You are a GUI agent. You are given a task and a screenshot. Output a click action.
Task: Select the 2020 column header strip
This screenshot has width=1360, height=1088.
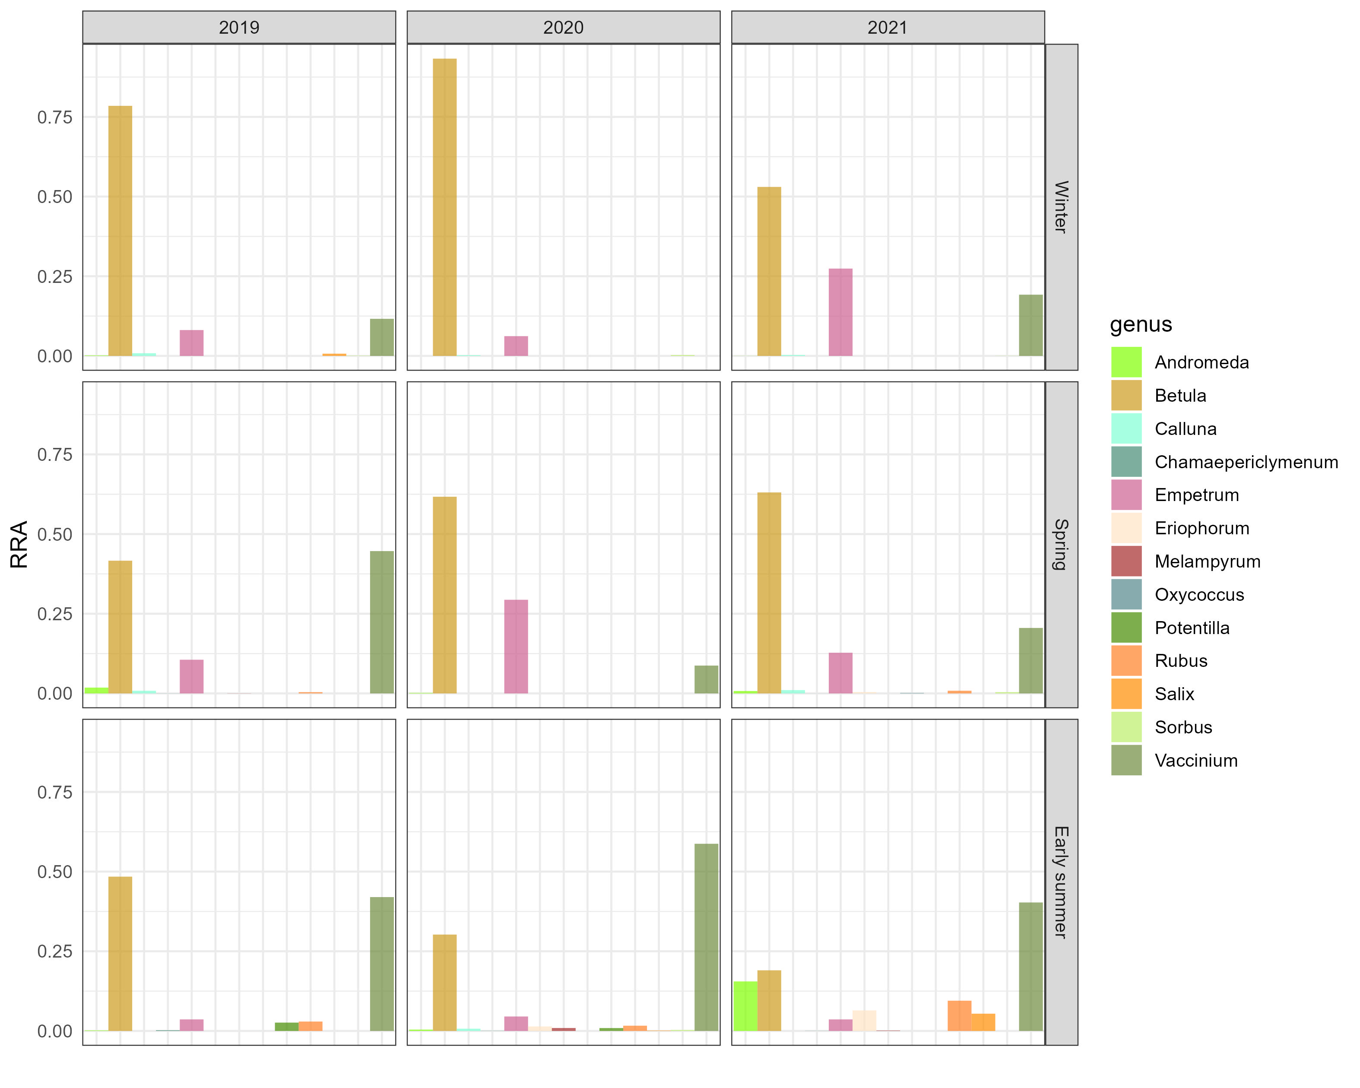coord(563,27)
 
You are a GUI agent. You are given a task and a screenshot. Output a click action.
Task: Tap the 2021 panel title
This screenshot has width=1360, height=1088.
coord(887,27)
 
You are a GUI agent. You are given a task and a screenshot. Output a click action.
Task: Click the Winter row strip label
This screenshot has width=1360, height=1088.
coord(1061,207)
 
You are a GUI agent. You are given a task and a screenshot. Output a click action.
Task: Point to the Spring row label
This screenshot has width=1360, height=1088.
coord(1061,544)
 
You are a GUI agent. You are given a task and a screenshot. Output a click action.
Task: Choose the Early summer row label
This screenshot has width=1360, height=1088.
coord(1061,882)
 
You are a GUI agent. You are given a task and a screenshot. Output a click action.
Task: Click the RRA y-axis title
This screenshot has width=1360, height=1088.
coord(19,544)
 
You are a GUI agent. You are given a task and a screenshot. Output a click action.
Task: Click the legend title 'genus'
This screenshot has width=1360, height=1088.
coord(1141,324)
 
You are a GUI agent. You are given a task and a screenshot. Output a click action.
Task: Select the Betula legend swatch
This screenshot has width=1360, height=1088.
coord(1126,396)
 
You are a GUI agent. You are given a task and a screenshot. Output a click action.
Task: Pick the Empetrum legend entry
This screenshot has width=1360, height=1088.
coord(1196,495)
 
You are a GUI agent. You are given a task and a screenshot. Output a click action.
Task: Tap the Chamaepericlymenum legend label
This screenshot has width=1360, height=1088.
coord(1246,462)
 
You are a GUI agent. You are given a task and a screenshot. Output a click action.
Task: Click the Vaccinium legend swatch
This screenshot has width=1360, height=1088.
coord(1126,760)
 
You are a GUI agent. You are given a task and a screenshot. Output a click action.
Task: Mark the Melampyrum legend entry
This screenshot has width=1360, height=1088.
coord(1207,561)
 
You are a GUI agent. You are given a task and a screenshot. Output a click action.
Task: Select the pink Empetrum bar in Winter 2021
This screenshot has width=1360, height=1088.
coord(840,312)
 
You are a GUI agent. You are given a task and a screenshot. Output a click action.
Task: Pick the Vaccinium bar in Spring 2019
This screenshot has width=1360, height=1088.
coord(382,622)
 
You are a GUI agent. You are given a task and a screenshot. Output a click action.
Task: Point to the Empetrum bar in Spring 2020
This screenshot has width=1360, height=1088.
coord(516,647)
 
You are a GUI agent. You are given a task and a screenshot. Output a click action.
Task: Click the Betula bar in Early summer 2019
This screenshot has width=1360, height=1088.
coord(120,954)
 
